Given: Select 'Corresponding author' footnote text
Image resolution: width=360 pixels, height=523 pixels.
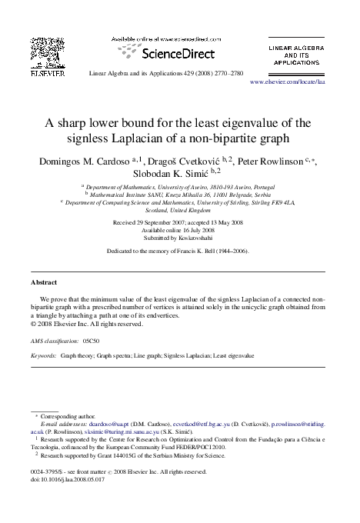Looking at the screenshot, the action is [65, 415].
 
